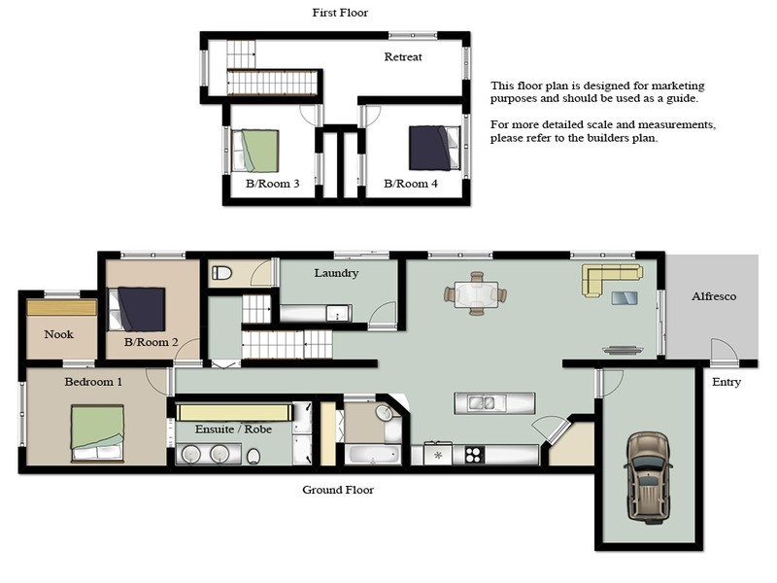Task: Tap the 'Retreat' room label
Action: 403,57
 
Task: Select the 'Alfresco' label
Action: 714,296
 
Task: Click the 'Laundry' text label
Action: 336,273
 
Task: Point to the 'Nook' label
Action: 59,334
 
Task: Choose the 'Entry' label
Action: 726,382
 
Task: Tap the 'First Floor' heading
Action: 340,13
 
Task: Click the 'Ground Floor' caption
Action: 338,490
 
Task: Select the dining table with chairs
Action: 476,292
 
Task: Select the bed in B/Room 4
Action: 431,148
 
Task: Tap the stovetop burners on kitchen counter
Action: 475,454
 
